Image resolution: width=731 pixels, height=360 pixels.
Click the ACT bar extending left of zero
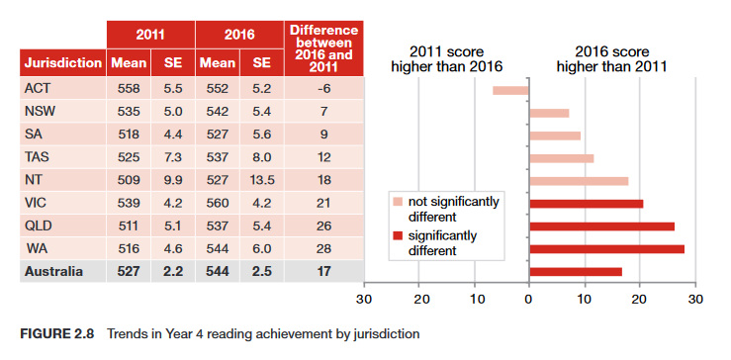pos(510,91)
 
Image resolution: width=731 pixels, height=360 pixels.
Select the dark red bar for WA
pos(606,248)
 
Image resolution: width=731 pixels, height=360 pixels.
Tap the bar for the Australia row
pos(576,271)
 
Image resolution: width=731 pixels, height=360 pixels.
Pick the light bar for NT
pos(579,181)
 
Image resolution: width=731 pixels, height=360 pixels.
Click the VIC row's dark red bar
pos(587,204)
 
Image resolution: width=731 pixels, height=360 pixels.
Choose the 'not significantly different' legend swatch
pos(398,202)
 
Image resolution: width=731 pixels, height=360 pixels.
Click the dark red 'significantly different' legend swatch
pos(398,236)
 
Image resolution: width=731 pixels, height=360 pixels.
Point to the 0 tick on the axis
pos(529,298)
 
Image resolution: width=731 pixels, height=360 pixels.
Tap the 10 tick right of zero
pos(585,298)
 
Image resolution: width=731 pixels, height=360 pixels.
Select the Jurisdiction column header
pos(62,63)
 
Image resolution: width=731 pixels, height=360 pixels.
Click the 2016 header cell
pos(238,35)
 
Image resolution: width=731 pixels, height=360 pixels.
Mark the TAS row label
pos(37,156)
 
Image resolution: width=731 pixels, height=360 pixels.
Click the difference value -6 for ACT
pos(321,89)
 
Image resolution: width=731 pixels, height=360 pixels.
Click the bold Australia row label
pos(54,269)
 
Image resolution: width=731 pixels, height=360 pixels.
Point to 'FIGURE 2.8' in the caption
pos(56,334)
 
